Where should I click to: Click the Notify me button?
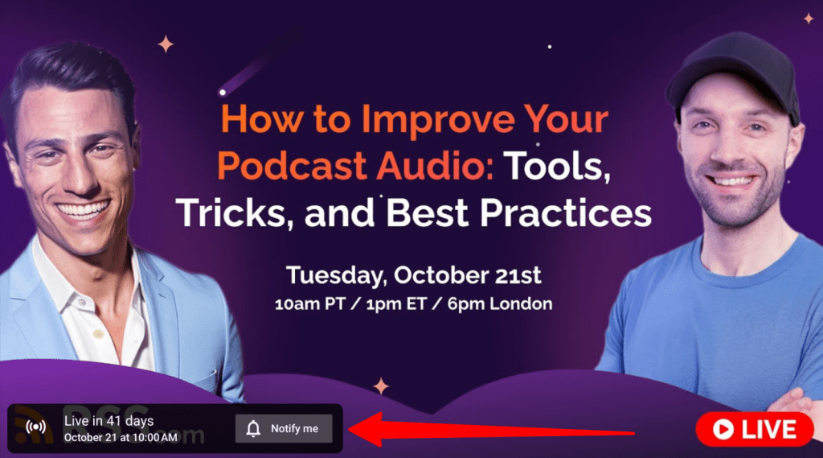click(x=284, y=428)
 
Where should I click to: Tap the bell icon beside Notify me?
click(x=253, y=428)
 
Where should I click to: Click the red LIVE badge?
click(x=754, y=429)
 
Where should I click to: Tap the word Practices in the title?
click(x=566, y=213)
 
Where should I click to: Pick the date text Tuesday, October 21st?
click(x=414, y=275)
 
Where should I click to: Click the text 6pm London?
click(x=500, y=304)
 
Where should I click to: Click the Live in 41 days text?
click(x=109, y=421)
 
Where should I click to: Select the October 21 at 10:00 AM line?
click(x=121, y=438)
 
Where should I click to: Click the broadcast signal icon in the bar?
click(x=35, y=427)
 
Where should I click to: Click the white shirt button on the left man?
click(x=97, y=334)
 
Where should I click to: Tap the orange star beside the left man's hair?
click(x=166, y=43)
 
